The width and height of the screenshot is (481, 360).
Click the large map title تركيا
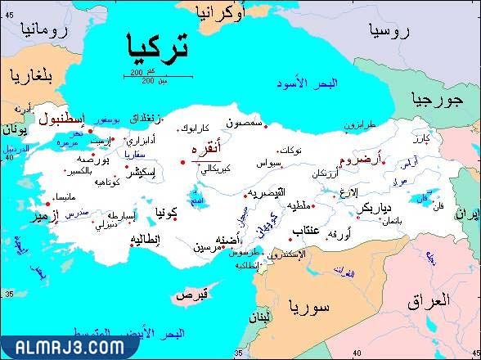click(x=158, y=47)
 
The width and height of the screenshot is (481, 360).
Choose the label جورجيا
click(x=434, y=100)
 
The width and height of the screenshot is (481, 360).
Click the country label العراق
click(x=429, y=300)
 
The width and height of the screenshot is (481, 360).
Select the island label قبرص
click(x=196, y=293)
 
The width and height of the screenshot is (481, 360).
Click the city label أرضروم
click(x=359, y=160)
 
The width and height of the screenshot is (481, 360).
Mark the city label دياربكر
click(x=379, y=208)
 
